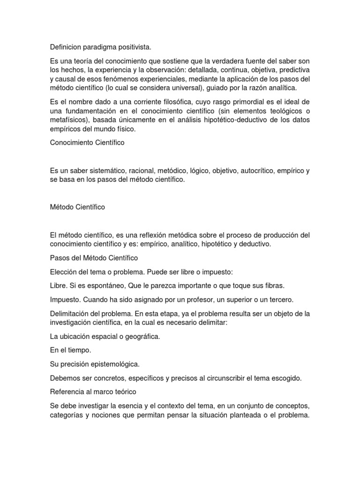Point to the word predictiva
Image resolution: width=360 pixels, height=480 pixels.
coord(292,70)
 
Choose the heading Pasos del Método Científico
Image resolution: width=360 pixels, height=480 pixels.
coord(94,258)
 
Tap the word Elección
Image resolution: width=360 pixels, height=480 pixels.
coord(64,271)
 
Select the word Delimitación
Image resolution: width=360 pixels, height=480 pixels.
coord(70,313)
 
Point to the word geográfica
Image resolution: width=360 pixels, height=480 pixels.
coord(140,336)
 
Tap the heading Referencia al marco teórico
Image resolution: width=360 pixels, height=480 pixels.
coord(93,391)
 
